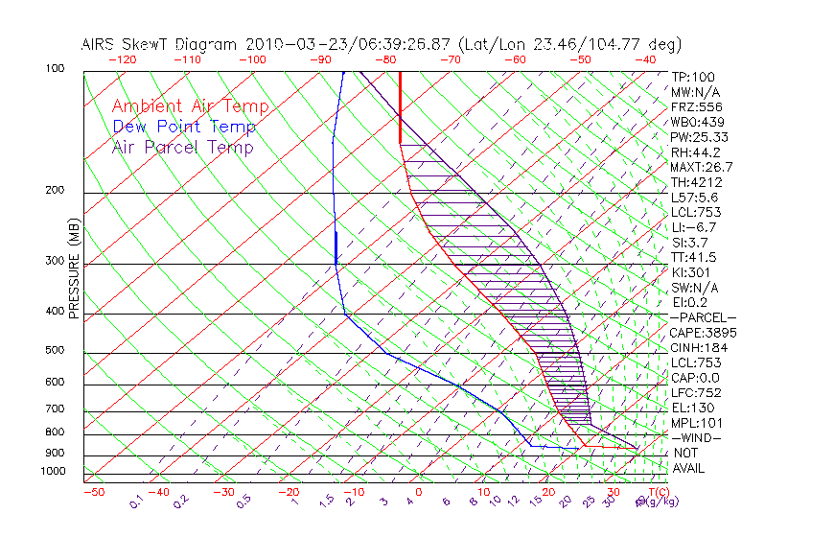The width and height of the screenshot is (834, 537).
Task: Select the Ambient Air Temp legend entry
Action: click(190, 106)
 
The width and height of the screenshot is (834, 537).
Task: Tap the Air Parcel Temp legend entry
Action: click(182, 147)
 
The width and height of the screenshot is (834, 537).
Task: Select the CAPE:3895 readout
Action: click(703, 333)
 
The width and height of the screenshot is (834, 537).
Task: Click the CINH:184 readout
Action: click(698, 348)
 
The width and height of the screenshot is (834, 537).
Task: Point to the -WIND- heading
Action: click(697, 438)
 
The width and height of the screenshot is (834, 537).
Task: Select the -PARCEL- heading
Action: click(703, 317)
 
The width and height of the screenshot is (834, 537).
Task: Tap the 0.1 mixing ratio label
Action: click(137, 500)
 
